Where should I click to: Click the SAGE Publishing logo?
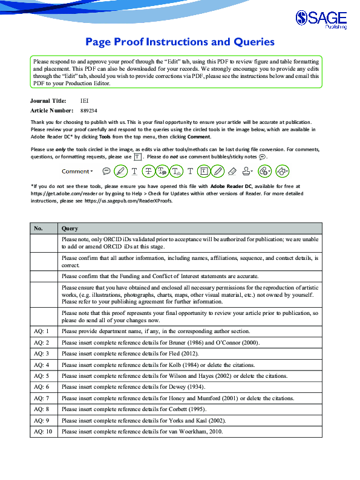[322, 20]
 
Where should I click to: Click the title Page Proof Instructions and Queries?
[180, 42]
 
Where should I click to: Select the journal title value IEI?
[84, 101]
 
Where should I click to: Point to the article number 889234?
[88, 111]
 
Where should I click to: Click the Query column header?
[70, 229]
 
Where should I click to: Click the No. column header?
[38, 229]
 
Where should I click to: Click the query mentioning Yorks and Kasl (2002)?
[143, 420]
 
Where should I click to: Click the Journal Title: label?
[48, 101]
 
